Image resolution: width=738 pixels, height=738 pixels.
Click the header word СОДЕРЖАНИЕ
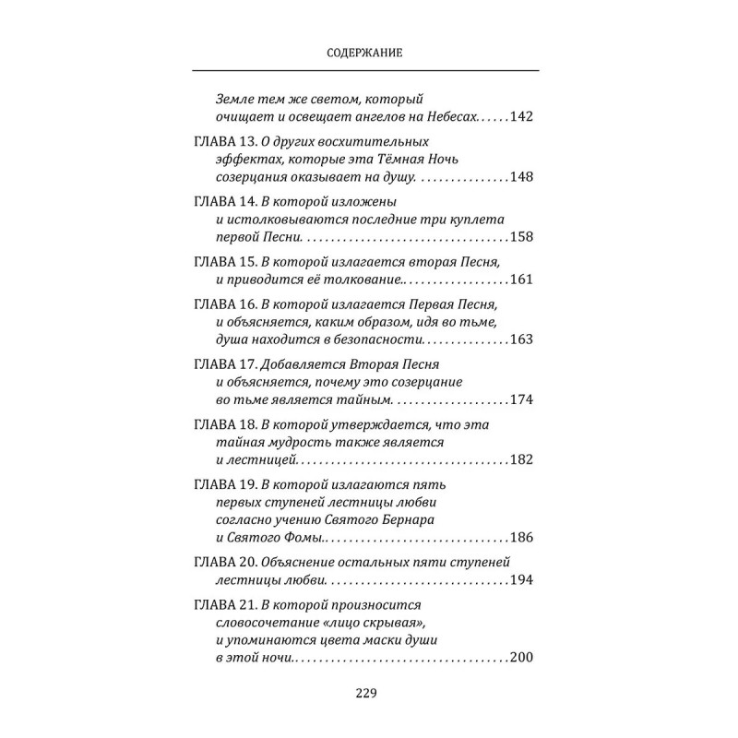pyautogui.click(x=367, y=54)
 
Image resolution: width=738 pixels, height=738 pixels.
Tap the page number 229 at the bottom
pyautogui.click(x=368, y=695)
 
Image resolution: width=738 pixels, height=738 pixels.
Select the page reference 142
pyautogui.click(x=522, y=117)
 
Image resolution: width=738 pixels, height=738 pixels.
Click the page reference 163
pyautogui.click(x=522, y=340)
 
